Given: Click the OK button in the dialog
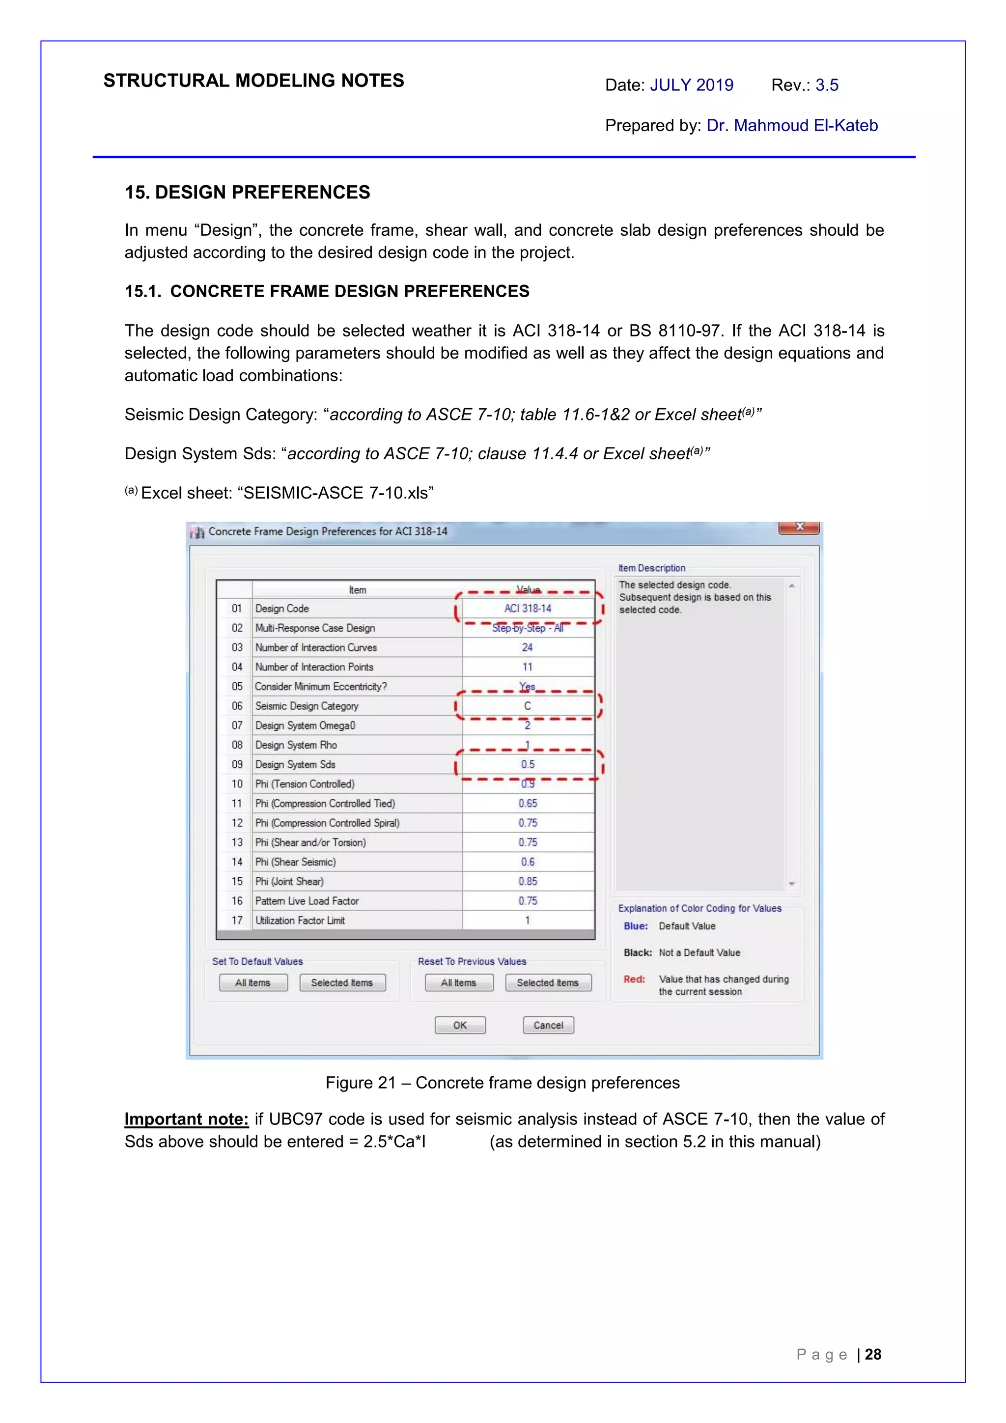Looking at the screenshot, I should pos(460,1025).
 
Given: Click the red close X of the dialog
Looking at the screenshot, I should pos(799,527).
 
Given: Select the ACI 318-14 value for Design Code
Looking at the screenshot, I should pos(528,608).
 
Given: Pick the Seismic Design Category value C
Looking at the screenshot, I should pos(528,706).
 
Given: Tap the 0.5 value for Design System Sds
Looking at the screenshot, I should pos(528,764).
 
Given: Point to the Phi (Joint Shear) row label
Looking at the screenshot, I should pos(289,881).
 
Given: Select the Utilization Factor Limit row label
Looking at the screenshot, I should pos(300,921).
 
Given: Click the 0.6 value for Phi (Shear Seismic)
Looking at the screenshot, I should pos(528,862).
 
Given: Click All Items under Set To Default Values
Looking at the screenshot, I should pos(253,982).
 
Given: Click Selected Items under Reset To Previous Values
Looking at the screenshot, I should pos(548,982).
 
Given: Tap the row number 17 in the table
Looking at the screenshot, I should pos(237,921).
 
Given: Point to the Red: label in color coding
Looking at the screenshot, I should pos(634,979).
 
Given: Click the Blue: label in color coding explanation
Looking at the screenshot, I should pos(635,926).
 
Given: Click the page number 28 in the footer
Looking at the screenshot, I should pos(873,1354).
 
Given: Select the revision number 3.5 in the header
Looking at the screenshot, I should pos(827,85).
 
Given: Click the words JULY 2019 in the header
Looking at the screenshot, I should pos(691,85).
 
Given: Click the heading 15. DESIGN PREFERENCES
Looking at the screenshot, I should pos(247,192).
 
